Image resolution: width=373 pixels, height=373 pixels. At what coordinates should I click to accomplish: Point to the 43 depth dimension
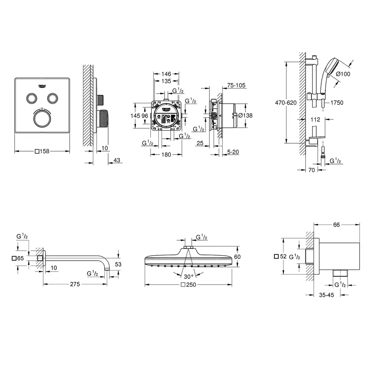117,160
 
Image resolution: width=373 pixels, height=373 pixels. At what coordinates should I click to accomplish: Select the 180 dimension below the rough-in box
166,155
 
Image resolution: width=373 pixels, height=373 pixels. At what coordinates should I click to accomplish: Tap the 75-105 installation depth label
237,85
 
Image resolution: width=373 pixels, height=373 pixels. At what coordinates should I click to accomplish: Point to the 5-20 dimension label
233,152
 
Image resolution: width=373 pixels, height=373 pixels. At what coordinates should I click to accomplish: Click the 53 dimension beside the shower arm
119,264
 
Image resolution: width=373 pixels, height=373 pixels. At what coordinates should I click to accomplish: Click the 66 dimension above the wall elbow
336,225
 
